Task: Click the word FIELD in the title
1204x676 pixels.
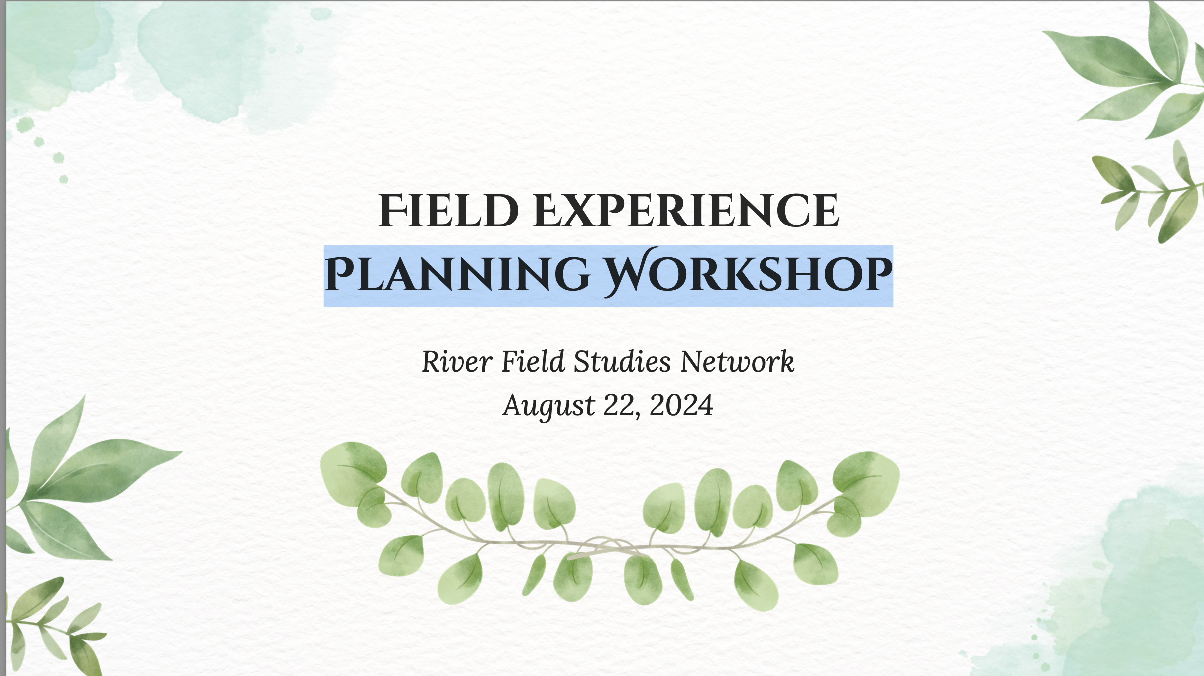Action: tap(448, 211)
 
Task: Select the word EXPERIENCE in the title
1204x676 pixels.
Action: tap(686, 211)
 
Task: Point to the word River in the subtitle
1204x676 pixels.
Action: tap(457, 361)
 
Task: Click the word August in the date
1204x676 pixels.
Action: tap(549, 406)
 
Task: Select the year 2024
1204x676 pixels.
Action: tap(681, 405)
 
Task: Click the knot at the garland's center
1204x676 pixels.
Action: tap(605, 547)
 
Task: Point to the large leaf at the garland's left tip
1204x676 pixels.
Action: tap(352, 468)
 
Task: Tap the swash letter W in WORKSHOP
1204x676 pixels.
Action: tap(628, 272)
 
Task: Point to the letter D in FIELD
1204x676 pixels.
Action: tap(501, 211)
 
